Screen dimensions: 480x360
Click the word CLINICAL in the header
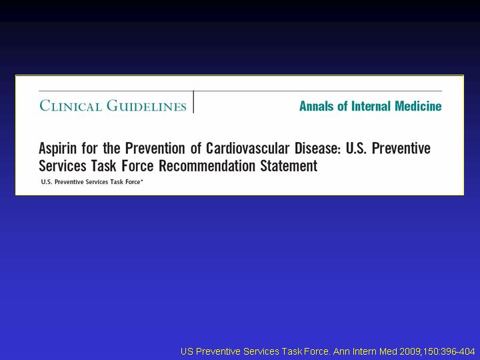71,105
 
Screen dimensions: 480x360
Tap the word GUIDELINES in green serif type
147,105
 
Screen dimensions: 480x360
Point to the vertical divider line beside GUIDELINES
193,102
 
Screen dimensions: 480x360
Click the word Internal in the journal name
371,106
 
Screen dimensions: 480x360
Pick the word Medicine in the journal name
418,106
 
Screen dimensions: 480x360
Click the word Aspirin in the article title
57,149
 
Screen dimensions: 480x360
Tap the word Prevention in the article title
155,148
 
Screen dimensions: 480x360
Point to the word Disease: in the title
318,148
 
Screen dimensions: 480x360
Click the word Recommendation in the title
207,166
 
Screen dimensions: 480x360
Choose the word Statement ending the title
289,166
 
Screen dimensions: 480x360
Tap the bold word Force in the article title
137,166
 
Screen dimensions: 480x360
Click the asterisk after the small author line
142,181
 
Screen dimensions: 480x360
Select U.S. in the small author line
47,182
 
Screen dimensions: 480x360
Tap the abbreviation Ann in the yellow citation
340,351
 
